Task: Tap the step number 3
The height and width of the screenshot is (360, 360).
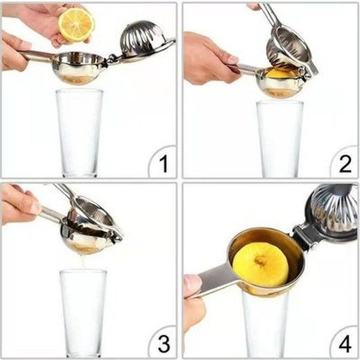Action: (163, 344)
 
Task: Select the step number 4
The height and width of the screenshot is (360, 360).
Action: (345, 344)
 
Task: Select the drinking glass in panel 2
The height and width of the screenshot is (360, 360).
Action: (280, 138)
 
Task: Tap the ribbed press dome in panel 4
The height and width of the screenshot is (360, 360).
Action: (334, 212)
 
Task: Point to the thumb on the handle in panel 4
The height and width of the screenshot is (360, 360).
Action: (191, 284)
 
